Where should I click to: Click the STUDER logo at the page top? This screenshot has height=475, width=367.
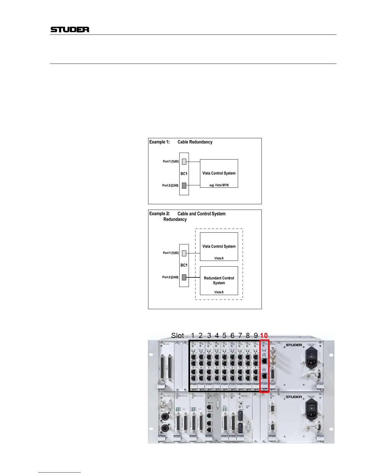[70, 29]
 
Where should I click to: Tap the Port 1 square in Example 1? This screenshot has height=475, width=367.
[184, 162]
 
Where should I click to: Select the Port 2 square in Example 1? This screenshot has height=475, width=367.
[184, 185]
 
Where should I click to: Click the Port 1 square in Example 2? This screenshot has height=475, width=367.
[184, 253]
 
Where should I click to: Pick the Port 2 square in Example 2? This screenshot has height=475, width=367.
[184, 277]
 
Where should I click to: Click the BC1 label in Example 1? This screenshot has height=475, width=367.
[184, 174]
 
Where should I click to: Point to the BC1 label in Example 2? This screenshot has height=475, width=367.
[184, 265]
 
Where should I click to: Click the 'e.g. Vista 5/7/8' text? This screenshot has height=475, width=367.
[219, 185]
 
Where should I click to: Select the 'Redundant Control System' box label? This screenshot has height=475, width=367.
[219, 280]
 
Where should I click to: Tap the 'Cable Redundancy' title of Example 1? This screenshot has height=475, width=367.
[195, 142]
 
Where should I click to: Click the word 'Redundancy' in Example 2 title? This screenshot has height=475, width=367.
[175, 220]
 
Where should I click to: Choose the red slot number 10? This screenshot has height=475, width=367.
[264, 335]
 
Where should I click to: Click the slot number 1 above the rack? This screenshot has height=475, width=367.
[193, 335]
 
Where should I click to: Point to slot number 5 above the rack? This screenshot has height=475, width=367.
[224, 335]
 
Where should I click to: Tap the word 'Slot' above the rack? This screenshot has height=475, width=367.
[177, 335]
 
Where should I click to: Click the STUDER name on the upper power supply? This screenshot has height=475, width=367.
[294, 345]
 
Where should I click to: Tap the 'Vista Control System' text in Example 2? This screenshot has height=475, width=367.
[219, 246]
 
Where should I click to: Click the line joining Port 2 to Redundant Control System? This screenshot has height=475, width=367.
[193, 277]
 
